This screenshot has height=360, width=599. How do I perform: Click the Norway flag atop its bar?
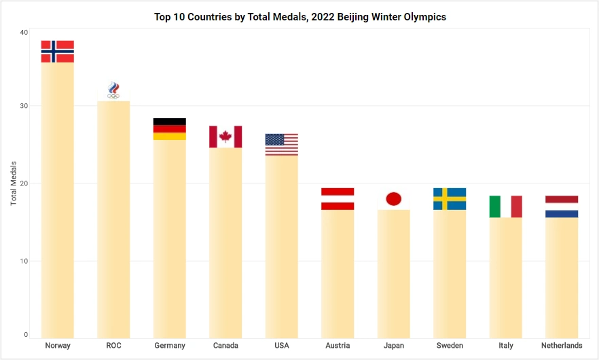(58, 52)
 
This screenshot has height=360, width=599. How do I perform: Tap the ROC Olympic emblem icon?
(113, 90)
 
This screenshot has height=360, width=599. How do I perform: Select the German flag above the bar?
(170, 129)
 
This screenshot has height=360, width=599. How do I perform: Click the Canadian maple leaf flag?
(225, 137)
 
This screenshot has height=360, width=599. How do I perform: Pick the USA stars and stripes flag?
(281, 145)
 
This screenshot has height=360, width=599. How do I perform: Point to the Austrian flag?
(338, 199)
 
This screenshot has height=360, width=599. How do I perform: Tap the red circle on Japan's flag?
(394, 199)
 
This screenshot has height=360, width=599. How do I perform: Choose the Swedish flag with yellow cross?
(450, 199)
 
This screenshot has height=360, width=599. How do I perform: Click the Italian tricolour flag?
(506, 206)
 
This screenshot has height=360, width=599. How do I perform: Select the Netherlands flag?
(562, 206)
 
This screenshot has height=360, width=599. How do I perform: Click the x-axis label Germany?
(170, 346)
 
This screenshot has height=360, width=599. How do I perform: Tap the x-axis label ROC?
(113, 346)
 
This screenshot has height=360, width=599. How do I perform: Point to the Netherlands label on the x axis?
(562, 346)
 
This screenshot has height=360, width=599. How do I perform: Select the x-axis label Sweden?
(450, 346)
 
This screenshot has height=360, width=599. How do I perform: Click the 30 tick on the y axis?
(24, 106)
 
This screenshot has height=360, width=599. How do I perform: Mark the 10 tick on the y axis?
(24, 261)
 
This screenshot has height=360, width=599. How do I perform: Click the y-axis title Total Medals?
(14, 183)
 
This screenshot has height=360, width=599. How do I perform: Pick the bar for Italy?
(506, 278)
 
